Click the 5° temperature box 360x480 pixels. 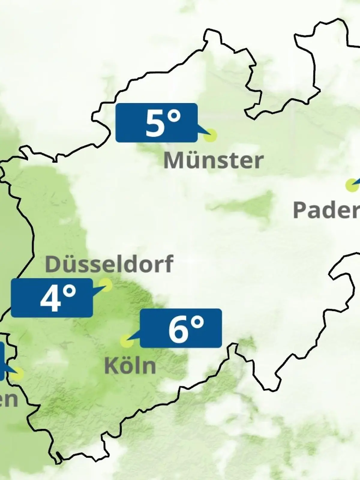pyautogui.click(x=156, y=122)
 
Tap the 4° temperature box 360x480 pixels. pyautogui.click(x=52, y=298)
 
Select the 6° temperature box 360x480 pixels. pyautogui.click(x=181, y=328)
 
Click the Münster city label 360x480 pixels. pyautogui.click(x=213, y=160)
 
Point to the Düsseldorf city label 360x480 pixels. pyautogui.click(x=109, y=264)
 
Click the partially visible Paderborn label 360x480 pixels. pyautogui.click(x=326, y=210)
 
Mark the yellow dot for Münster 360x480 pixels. pyautogui.click(x=210, y=135)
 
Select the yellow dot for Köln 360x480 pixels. pyautogui.click(x=127, y=341)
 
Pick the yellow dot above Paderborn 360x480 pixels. pyautogui.click(x=351, y=185)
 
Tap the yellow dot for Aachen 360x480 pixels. pyautogui.click(x=17, y=374)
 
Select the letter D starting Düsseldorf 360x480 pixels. pyautogui.click(x=52, y=264)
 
